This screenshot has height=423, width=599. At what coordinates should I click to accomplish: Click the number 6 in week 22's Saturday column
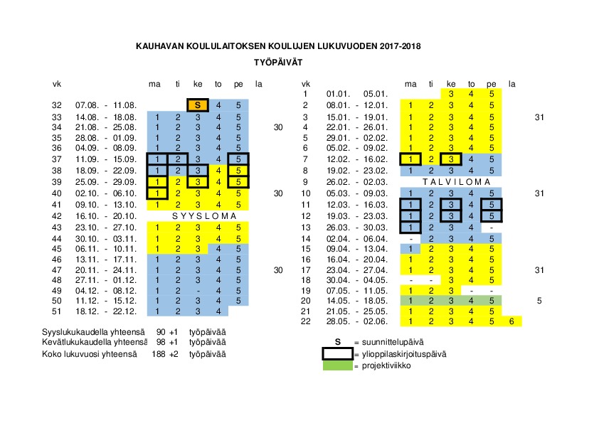(x=511, y=321)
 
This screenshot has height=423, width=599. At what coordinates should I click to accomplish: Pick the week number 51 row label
(x=58, y=311)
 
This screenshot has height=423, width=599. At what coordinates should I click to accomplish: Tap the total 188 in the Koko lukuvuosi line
(x=158, y=353)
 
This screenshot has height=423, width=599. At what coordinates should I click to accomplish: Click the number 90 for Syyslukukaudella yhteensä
(x=160, y=332)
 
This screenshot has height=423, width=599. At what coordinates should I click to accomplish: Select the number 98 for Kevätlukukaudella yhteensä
(x=160, y=343)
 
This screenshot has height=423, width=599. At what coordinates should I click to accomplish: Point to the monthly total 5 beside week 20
(x=539, y=301)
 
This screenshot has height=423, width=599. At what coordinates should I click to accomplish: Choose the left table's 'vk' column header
(x=58, y=84)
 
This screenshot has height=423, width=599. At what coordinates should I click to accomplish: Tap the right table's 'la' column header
(x=511, y=84)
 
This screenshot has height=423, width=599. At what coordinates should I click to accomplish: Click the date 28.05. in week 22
(x=336, y=321)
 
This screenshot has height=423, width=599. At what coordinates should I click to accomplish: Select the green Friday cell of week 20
(x=492, y=301)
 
